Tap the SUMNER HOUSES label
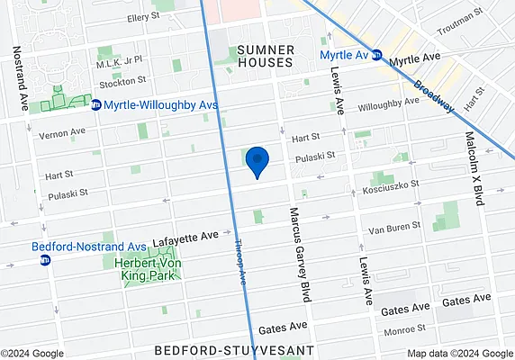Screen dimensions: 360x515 pyautogui.click(x=265, y=55)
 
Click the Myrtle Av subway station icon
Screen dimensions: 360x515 pyautogui.click(x=380, y=54)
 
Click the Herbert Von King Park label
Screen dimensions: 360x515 pyautogui.click(x=149, y=269)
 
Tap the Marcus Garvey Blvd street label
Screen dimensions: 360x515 pyautogui.click(x=295, y=251)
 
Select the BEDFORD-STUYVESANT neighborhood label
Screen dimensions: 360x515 pyautogui.click(x=232, y=348)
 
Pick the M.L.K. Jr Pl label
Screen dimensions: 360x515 pyautogui.click(x=120, y=64)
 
